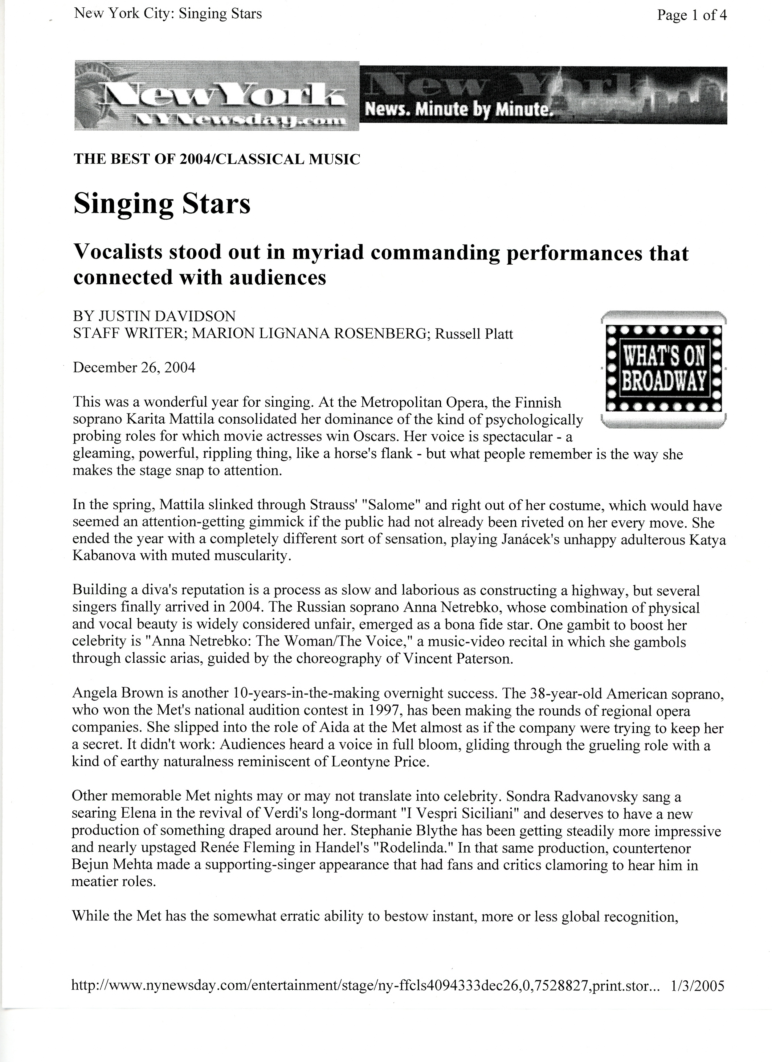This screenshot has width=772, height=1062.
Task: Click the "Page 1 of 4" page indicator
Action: (x=692, y=15)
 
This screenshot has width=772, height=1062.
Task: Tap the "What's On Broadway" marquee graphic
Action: (x=663, y=369)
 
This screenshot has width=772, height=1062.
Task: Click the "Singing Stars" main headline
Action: (x=162, y=204)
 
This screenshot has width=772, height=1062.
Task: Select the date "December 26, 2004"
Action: (x=134, y=367)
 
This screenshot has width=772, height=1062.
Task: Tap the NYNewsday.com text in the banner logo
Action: (x=241, y=121)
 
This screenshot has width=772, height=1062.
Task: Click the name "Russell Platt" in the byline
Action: (x=474, y=334)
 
